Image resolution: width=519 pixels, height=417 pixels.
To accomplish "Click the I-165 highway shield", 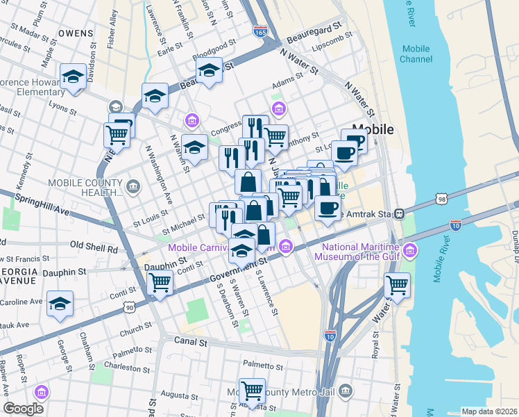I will tap(260, 32).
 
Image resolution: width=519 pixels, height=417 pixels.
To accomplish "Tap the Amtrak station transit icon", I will tap(399, 213).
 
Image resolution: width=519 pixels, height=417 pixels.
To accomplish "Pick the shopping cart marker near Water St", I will tap(397, 284).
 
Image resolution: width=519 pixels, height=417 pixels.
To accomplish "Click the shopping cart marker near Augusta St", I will tap(251, 390).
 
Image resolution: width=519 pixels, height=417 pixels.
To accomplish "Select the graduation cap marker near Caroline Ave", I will tap(60, 303).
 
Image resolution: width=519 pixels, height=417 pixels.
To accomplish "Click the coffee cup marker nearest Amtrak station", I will tap(328, 206).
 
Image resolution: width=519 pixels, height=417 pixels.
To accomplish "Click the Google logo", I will tap(23, 409).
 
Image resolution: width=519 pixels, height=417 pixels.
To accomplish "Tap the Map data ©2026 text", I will tap(488, 411).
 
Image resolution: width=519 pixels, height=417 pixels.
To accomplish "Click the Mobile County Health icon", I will tap(133, 186).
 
